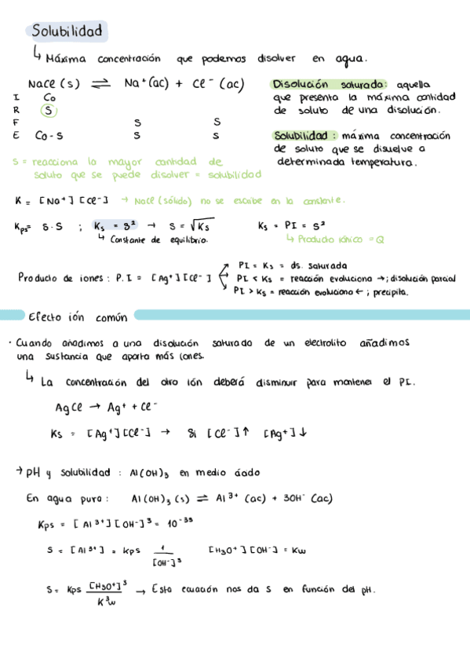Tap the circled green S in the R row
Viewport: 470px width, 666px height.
click(x=49, y=111)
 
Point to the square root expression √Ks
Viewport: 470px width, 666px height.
click(x=195, y=226)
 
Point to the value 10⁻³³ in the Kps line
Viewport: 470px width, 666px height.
click(x=180, y=523)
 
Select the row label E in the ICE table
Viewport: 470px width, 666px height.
click(x=16, y=135)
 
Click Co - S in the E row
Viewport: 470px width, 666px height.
click(x=49, y=135)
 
